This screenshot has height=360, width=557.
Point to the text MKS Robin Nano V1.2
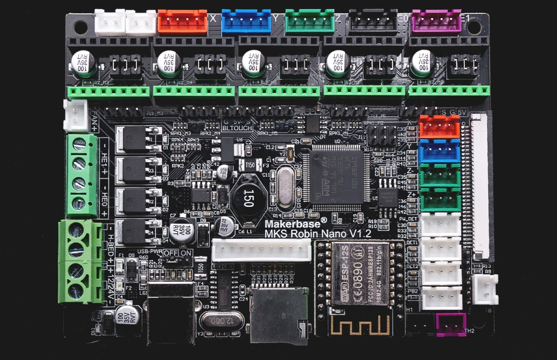tap(318, 233)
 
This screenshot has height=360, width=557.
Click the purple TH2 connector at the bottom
tap(451, 324)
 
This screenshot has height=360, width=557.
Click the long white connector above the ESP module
tap(261, 250)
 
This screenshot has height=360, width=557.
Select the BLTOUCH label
tap(237, 128)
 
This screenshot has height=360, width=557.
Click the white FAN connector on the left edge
tap(75, 115)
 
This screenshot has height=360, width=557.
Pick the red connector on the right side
tap(439, 127)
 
